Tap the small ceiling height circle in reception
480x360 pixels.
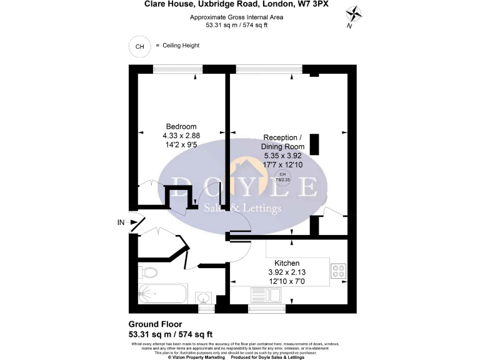282,176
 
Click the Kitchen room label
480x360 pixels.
286,263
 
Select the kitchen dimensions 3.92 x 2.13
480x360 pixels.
286,272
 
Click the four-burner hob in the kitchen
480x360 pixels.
338,271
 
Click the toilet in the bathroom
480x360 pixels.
148,272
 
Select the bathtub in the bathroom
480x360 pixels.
162,294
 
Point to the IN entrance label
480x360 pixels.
121,222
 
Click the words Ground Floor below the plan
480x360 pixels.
155,324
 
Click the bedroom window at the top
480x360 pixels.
178,69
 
